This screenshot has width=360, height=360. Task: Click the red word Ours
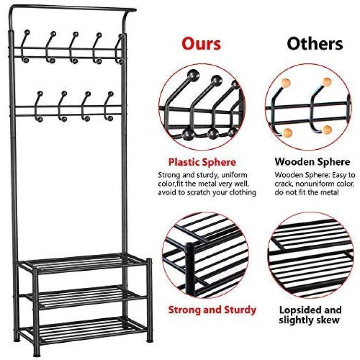201,44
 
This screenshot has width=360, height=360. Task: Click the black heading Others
315,44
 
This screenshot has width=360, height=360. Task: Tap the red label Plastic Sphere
202,162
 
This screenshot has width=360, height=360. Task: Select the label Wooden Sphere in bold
312,162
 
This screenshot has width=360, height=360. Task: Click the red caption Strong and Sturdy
212,310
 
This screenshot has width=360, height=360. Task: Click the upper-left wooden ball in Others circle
286,83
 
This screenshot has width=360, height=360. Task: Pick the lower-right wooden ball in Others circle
327,130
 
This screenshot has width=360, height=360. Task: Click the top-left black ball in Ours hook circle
193,75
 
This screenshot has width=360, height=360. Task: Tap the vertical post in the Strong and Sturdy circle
190,269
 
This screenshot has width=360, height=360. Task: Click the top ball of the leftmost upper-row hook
27,32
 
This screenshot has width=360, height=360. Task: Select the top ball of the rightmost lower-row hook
111,94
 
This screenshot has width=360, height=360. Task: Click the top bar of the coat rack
73,8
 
